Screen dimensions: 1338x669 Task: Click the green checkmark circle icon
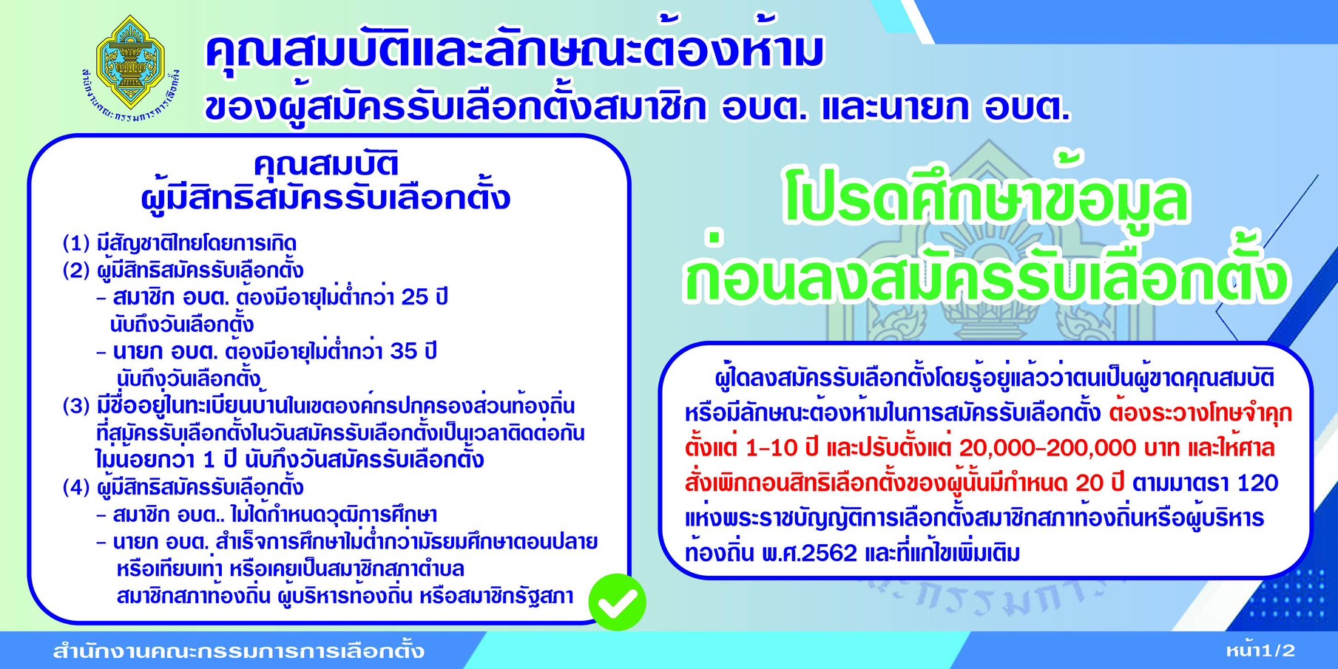(x=618, y=602)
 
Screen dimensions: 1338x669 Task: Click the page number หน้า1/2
(x=1260, y=651)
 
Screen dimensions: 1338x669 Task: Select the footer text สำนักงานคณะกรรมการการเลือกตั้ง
(x=238, y=651)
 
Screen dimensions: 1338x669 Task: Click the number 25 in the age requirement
(x=415, y=297)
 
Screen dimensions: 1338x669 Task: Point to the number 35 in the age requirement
(x=404, y=351)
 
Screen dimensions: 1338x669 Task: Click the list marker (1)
(x=76, y=243)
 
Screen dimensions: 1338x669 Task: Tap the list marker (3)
(x=76, y=406)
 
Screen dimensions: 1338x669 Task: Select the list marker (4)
(x=76, y=487)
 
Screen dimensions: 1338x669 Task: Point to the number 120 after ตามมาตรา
(x=1257, y=483)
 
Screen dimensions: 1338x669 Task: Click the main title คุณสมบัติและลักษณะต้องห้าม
(x=515, y=52)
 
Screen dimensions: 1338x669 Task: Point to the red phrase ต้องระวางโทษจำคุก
(x=1200, y=413)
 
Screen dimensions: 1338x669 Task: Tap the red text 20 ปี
(x=1099, y=483)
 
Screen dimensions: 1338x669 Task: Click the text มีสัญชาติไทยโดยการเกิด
(x=197, y=243)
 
